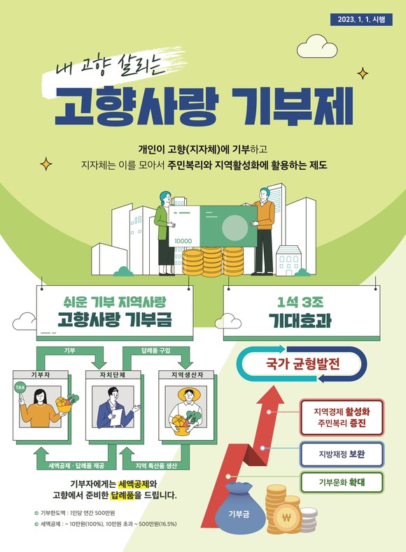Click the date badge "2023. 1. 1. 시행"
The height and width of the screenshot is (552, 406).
pos(361,20)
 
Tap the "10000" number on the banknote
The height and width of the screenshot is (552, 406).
pos(183,241)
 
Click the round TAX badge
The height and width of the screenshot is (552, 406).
pos(20,388)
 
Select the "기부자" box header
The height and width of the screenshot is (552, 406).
pos(40,375)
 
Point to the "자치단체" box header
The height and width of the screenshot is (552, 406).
pos(113,375)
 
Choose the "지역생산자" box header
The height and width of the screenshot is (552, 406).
pos(186,375)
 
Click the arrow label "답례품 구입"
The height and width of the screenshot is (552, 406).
pos(155,350)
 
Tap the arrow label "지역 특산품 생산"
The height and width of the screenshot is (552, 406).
pos(156,466)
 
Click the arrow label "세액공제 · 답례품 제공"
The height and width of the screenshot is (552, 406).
pos(76,466)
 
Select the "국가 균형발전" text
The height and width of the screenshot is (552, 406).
pos(302,363)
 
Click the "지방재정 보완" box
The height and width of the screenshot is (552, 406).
pos(342,454)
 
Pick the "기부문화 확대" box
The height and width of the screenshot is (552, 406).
pos(342,482)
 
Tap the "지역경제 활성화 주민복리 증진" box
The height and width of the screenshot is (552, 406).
pos(342,417)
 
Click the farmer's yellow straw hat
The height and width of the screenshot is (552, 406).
pos(189,394)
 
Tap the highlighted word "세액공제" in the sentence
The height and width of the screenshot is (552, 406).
pos(133,484)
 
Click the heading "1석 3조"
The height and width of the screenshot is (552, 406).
pos(300,303)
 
